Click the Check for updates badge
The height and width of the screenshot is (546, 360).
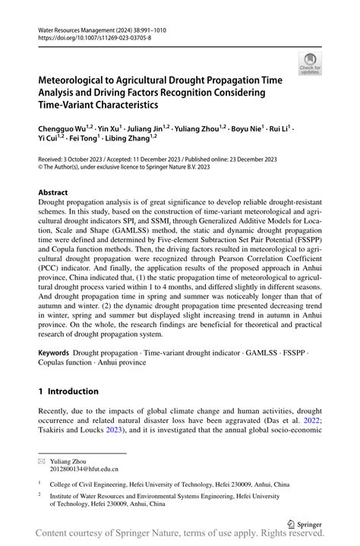[311, 63]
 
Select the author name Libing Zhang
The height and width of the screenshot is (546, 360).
[130, 139]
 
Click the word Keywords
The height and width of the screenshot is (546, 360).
[53, 354]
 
